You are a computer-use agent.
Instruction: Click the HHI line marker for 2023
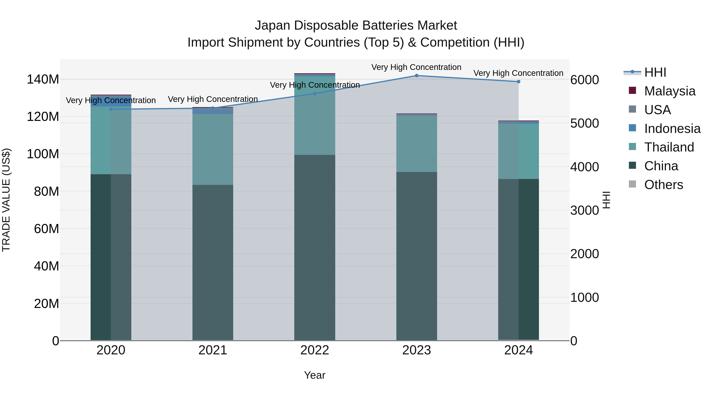pyautogui.click(x=417, y=76)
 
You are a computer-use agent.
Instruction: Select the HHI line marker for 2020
pyautogui.click(x=111, y=109)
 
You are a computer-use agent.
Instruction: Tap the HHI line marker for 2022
pyautogui.click(x=314, y=94)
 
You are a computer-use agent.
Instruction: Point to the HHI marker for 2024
pyautogui.click(x=519, y=82)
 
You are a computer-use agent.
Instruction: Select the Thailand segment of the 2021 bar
pyautogui.click(x=213, y=149)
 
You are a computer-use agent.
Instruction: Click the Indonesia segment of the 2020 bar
pyautogui.click(x=111, y=102)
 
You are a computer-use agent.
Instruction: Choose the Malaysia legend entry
pyautogui.click(x=669, y=91)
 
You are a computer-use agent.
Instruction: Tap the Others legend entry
pyautogui.click(x=663, y=185)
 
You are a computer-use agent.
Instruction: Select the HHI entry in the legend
pyautogui.click(x=655, y=72)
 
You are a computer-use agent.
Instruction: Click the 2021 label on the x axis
pyautogui.click(x=213, y=350)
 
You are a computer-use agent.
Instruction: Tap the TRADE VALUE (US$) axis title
pyautogui.click(x=6, y=200)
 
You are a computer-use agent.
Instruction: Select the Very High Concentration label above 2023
pyautogui.click(x=416, y=67)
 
